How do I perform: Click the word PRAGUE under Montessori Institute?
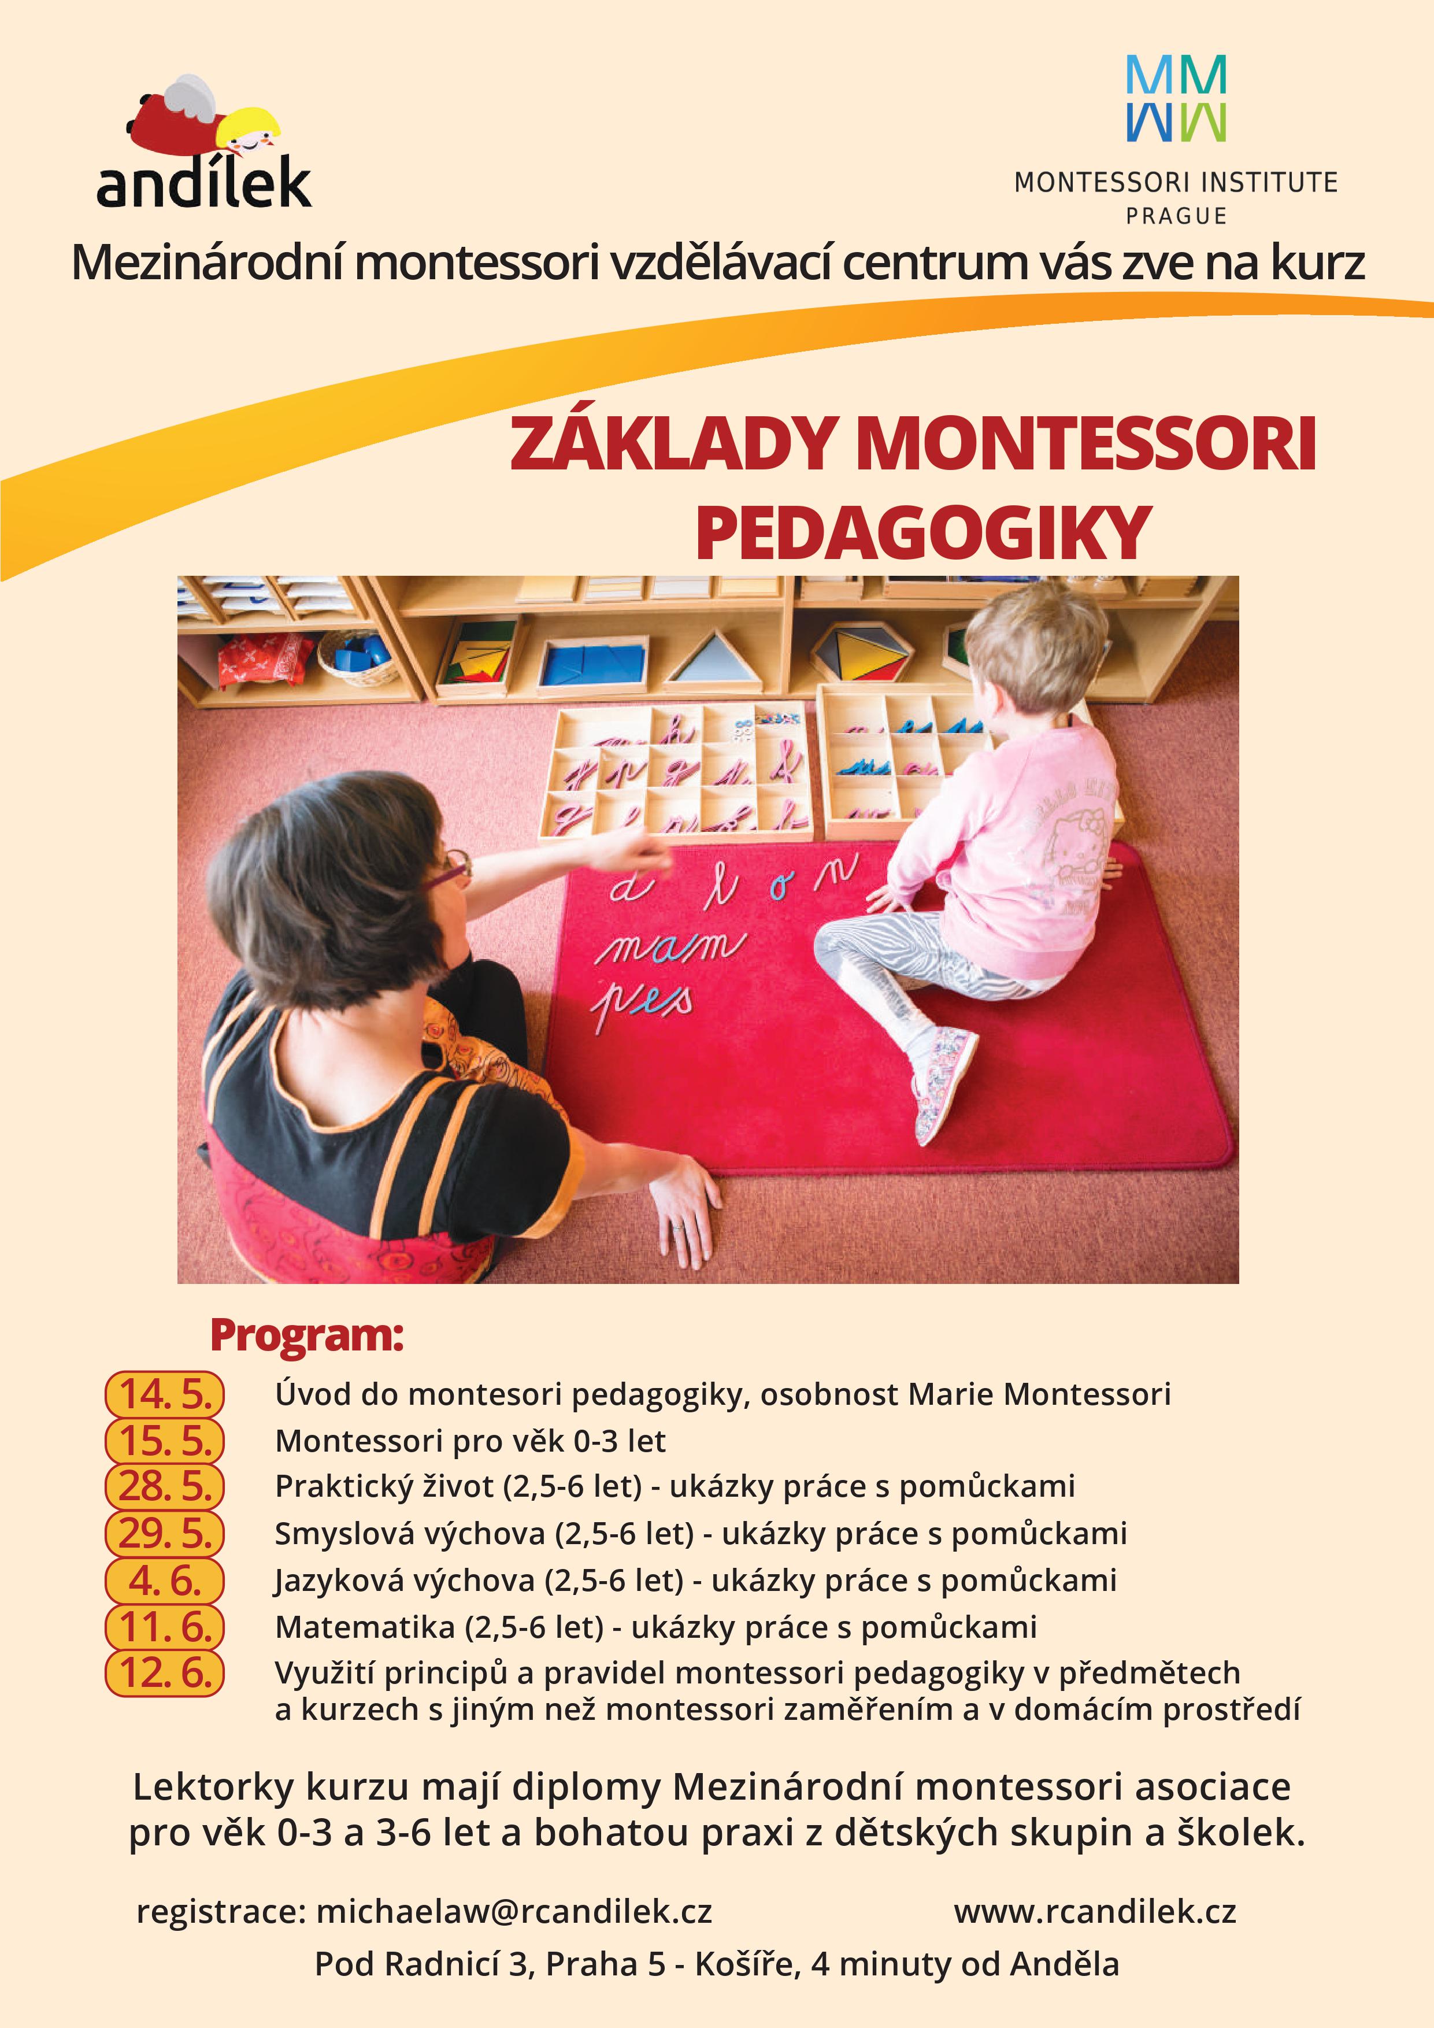(x=1176, y=216)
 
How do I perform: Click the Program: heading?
(x=306, y=1335)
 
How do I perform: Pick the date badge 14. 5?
(x=165, y=1394)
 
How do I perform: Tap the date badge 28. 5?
(x=165, y=1486)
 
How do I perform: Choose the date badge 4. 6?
(x=165, y=1579)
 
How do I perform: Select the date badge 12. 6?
(x=165, y=1673)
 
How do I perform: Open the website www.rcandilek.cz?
(x=1095, y=1911)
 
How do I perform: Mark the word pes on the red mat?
(x=643, y=1002)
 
